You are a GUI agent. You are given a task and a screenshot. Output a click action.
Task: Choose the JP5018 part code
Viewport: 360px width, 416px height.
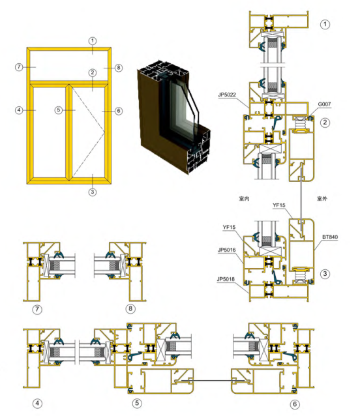228,279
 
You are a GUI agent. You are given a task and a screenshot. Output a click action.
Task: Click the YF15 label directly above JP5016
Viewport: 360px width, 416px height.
229,228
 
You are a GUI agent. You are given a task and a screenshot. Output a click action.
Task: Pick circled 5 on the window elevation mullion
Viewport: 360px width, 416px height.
59,111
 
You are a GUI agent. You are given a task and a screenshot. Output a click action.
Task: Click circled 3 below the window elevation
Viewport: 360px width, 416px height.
93,192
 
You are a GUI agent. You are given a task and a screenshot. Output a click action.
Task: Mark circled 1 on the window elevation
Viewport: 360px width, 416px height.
93,40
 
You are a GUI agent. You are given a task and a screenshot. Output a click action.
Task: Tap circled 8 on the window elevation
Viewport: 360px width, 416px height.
119,67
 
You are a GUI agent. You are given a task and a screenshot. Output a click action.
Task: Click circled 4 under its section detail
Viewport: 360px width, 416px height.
37,404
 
